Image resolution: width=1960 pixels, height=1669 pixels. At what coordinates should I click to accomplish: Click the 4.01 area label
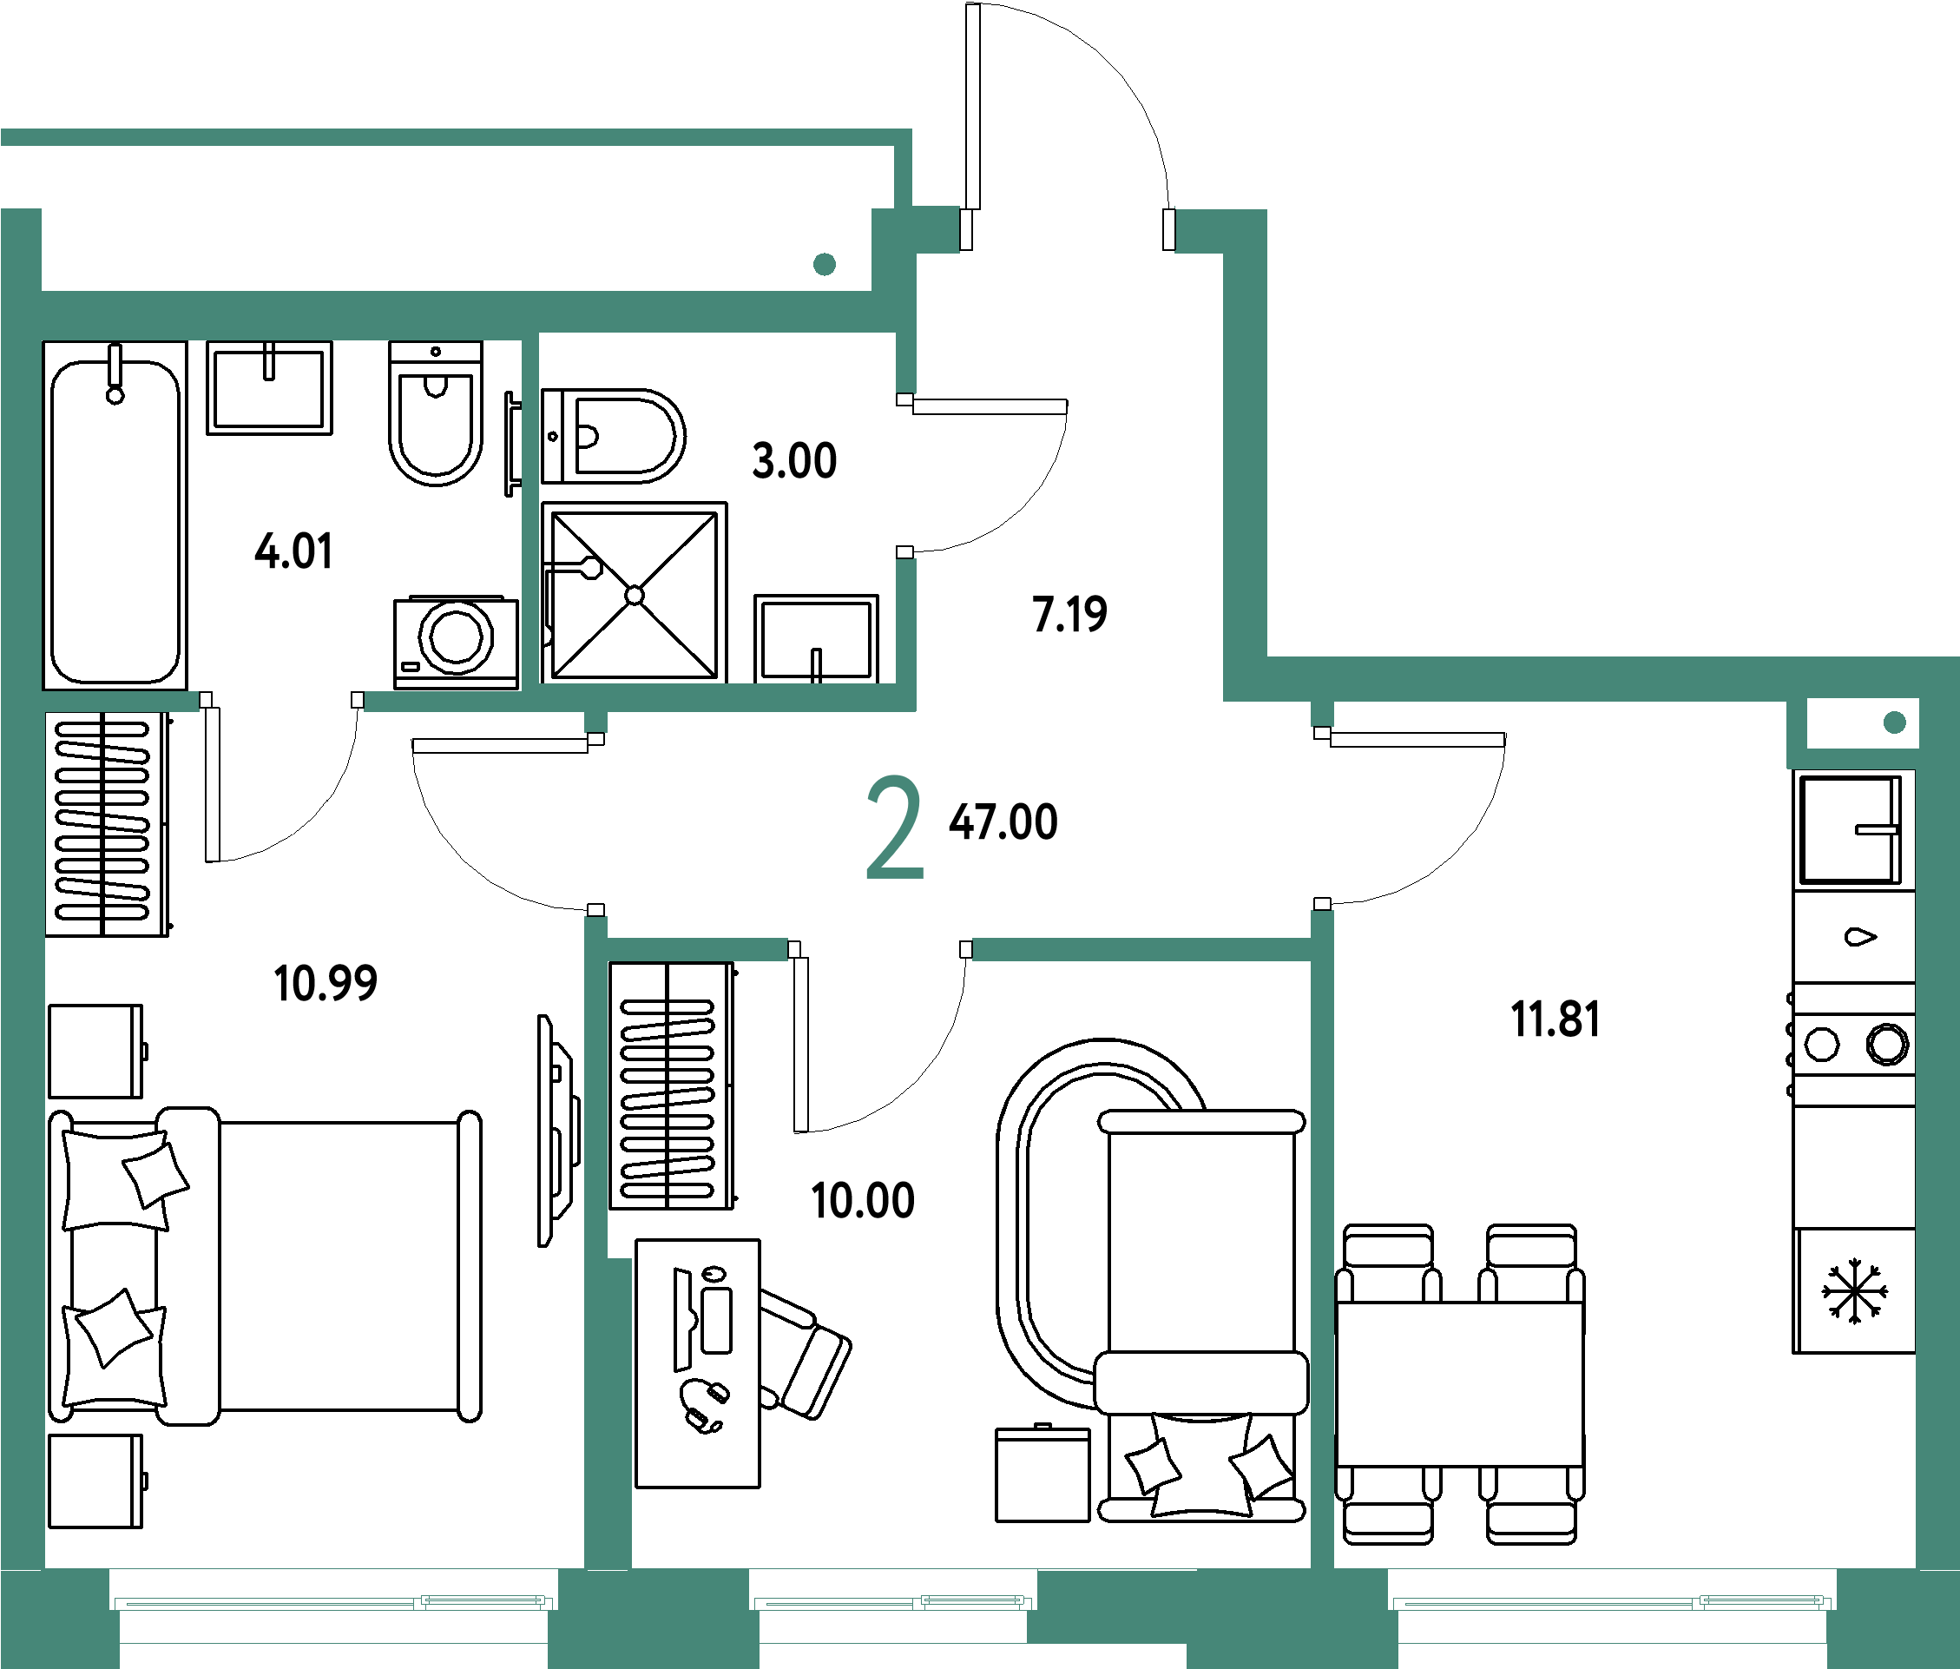[x=293, y=551]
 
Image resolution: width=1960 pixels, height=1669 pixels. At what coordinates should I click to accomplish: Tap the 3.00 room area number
[x=794, y=461]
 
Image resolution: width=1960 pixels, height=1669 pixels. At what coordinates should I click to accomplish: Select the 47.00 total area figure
[x=1003, y=821]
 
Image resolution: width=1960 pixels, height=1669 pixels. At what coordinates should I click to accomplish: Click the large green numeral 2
[x=894, y=827]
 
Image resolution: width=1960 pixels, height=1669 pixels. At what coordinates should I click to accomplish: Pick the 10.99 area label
[x=326, y=982]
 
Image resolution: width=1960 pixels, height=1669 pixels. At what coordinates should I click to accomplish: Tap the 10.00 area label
[x=863, y=1201]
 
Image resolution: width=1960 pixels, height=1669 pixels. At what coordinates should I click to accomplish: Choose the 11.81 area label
[x=1556, y=1019]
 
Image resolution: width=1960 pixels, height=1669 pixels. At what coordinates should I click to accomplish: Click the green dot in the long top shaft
[x=824, y=264]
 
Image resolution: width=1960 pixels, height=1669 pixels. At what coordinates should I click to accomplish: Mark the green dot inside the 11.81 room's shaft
[x=1895, y=722]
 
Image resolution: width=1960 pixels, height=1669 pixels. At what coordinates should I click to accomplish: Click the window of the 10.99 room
[x=333, y=1602]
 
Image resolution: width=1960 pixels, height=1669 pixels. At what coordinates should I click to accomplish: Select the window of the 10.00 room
[x=892, y=1602]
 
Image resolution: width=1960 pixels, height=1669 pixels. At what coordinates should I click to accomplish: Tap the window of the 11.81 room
[x=1612, y=1602]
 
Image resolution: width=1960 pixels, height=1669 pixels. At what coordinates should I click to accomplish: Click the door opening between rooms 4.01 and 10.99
[x=281, y=701]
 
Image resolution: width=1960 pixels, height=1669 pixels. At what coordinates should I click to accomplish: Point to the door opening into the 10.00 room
[x=879, y=949]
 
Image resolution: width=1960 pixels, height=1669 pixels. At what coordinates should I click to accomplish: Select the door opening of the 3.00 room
[x=906, y=475]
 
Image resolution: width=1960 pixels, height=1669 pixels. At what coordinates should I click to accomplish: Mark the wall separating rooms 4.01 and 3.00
[x=530, y=511]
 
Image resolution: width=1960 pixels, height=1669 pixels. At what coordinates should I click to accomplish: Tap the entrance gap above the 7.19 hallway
[x=1067, y=230]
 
